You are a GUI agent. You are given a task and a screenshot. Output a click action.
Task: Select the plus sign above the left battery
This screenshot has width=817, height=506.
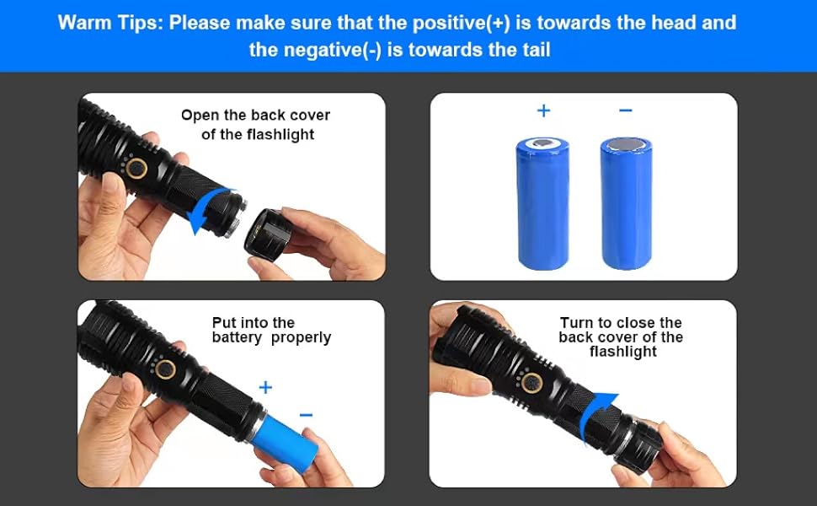pyautogui.click(x=543, y=110)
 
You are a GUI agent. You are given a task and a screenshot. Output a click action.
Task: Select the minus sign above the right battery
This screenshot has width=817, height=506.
pyautogui.click(x=626, y=110)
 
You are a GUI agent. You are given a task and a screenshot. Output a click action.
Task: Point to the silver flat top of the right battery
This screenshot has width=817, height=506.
pyautogui.click(x=626, y=145)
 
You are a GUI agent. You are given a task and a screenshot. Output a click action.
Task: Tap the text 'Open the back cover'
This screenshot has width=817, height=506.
pyautogui.click(x=255, y=116)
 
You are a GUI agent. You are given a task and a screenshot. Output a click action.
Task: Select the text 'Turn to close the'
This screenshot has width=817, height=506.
pyautogui.click(x=621, y=323)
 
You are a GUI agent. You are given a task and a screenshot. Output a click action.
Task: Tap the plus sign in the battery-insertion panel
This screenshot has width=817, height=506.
pyautogui.click(x=265, y=388)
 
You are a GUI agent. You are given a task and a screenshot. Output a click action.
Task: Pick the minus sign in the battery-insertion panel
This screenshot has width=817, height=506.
pyautogui.click(x=306, y=415)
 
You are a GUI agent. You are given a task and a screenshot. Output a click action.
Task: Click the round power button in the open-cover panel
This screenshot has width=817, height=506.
pyautogui.click(x=137, y=169)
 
